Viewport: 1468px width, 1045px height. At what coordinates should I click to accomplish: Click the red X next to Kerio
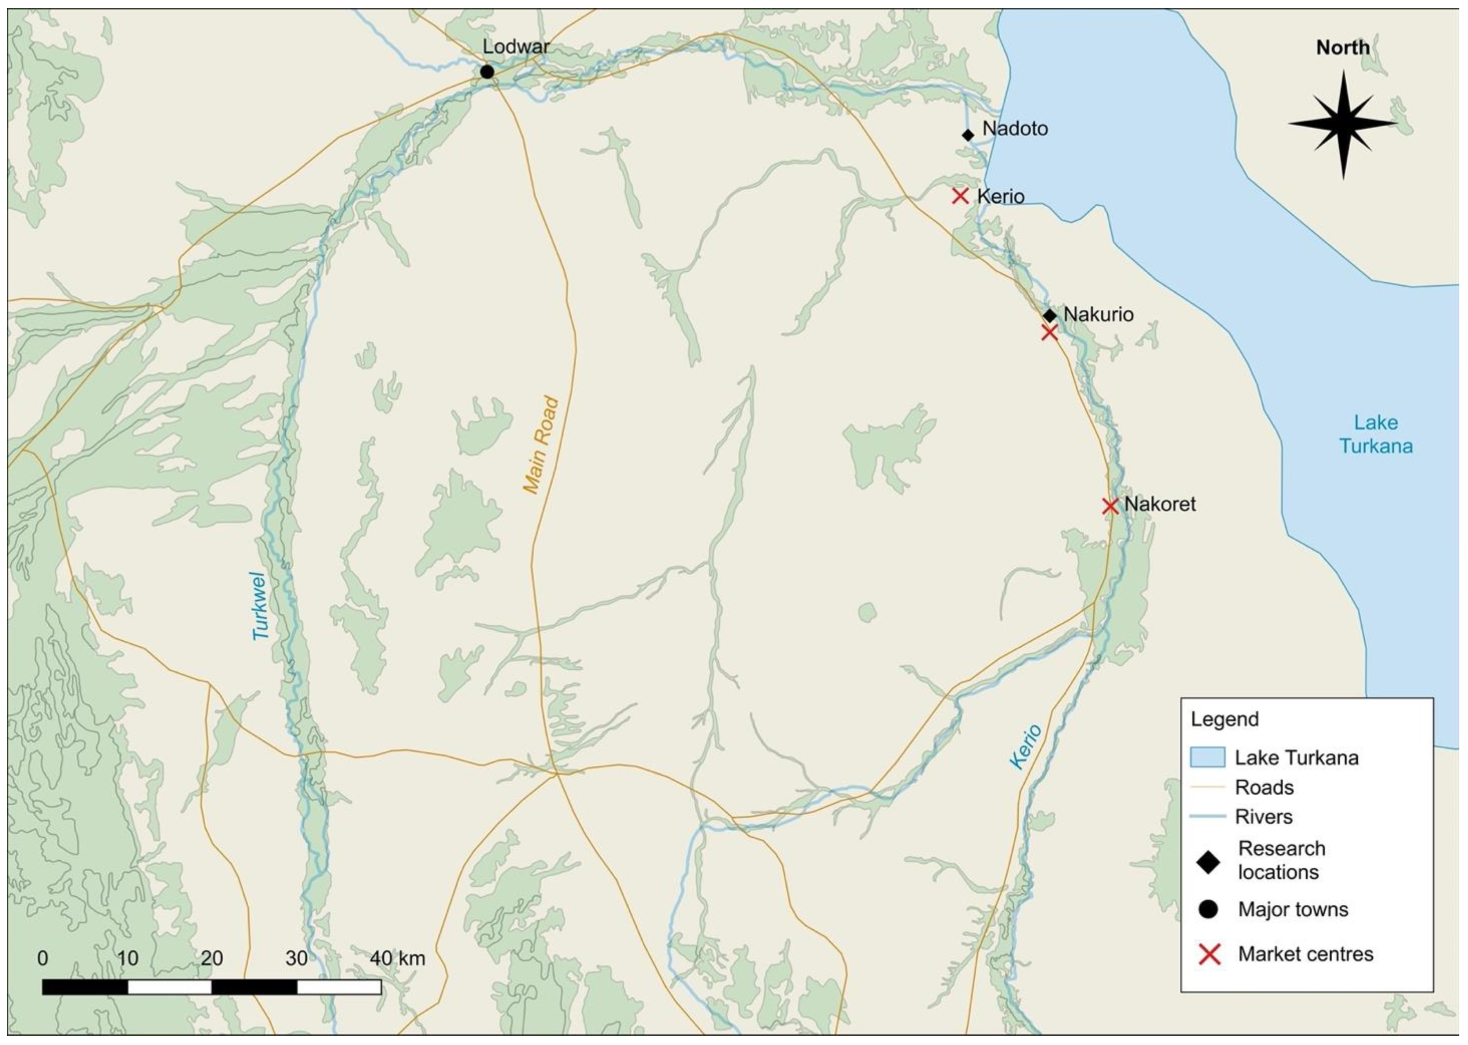pyautogui.click(x=960, y=196)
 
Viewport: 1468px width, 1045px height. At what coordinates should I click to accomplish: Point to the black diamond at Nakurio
pyautogui.click(x=1050, y=316)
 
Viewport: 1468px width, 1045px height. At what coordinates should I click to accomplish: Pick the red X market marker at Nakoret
pyautogui.click(x=1109, y=506)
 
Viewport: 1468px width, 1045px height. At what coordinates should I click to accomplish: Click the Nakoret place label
pyautogui.click(x=1160, y=504)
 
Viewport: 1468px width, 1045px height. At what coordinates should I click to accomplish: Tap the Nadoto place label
pyautogui.click(x=1015, y=129)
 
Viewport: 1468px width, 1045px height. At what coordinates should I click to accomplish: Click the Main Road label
pyautogui.click(x=541, y=445)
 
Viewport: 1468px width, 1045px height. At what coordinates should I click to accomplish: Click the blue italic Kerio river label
pyautogui.click(x=1025, y=746)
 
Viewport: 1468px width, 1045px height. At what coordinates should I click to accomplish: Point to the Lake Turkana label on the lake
pyautogui.click(x=1376, y=434)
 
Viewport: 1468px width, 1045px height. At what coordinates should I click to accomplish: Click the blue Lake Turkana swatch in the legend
pyautogui.click(x=1207, y=757)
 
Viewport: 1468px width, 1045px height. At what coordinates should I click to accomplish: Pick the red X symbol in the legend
pyautogui.click(x=1209, y=954)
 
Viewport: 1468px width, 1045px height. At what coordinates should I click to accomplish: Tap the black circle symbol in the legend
pyautogui.click(x=1208, y=909)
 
